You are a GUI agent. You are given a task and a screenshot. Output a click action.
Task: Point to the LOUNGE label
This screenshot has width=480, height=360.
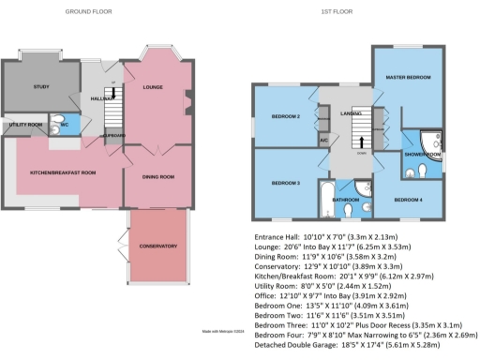point(153,88)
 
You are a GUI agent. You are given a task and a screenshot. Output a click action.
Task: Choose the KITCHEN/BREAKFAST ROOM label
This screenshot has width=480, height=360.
point(62,172)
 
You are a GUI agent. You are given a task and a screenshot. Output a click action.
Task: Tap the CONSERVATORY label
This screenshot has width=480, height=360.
point(157,246)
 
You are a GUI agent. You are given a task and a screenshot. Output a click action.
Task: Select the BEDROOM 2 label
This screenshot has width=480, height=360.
point(285,117)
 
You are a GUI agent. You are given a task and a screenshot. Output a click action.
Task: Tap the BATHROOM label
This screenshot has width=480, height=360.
point(346,199)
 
